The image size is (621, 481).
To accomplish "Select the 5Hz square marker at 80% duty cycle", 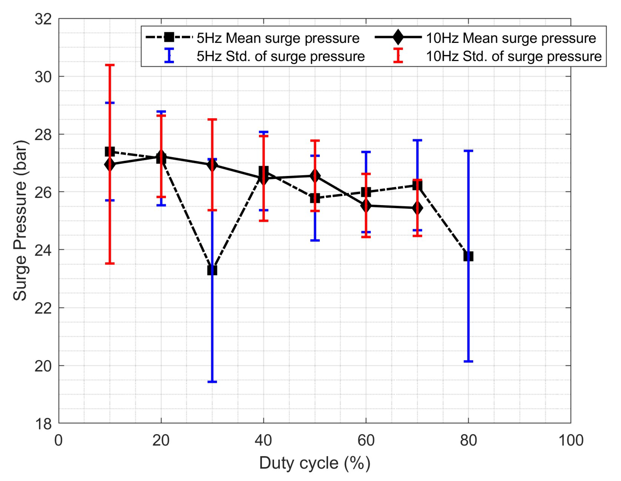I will click(468, 256).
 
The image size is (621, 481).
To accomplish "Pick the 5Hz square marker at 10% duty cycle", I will click(110, 152).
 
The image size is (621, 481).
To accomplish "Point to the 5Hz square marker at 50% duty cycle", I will click(315, 198).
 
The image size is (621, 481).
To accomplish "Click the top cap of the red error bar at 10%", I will click(110, 65).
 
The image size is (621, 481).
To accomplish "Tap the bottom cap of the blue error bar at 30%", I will click(212, 382).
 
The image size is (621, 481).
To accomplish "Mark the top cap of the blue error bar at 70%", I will click(417, 140).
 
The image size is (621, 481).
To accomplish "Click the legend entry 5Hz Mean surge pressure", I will click(278, 38).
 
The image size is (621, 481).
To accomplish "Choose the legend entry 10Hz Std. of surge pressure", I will click(514, 56).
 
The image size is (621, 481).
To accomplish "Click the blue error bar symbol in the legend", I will click(169, 55).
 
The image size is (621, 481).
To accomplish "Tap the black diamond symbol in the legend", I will click(398, 37).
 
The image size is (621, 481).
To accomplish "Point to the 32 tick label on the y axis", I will click(43, 19).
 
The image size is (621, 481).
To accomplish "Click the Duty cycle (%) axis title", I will click(314, 463).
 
